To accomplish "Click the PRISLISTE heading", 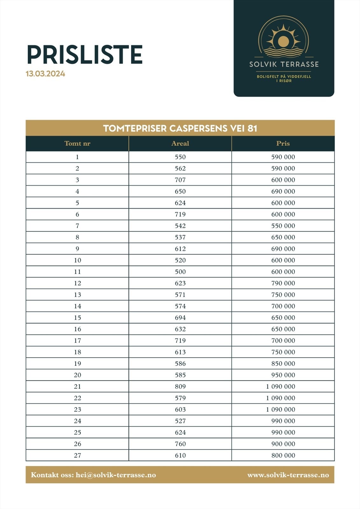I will (84, 54).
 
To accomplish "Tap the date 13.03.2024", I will (46, 74).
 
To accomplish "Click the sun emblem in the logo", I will (283, 41).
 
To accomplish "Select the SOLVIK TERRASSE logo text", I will (284, 64).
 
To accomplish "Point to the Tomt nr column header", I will (77, 143).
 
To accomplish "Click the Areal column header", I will (180, 143).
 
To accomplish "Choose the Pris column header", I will (283, 143).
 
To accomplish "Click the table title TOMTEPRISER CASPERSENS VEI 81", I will (180, 128).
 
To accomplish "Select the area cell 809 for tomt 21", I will (180, 387).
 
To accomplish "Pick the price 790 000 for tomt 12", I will (283, 283).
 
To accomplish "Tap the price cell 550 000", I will (283, 226).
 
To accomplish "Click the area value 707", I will (180, 180).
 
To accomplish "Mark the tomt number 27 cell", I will (77, 455).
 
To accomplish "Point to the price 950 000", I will (283, 375).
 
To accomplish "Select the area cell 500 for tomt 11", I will (180, 272).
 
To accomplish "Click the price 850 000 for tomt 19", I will (283, 364).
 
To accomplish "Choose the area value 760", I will (180, 444).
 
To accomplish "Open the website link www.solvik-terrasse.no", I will (288, 475).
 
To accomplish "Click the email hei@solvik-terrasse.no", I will (116, 475).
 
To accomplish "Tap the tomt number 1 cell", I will (77, 157).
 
